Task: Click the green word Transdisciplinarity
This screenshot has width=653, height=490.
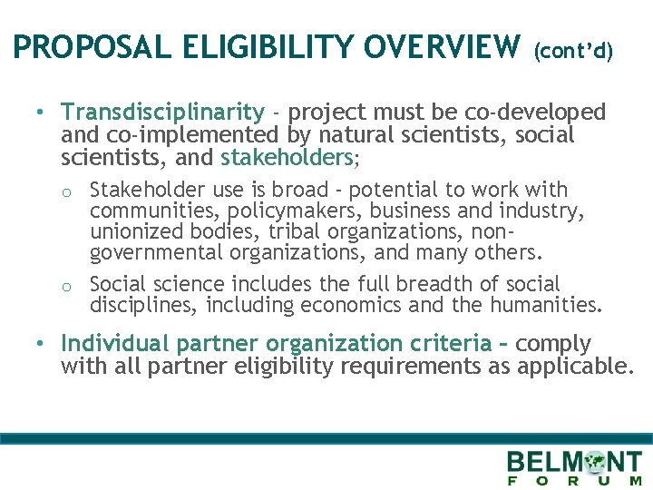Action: [161, 112]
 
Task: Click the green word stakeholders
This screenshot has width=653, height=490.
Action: [287, 157]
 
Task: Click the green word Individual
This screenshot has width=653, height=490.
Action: [115, 344]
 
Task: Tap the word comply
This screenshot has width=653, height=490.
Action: [553, 344]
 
